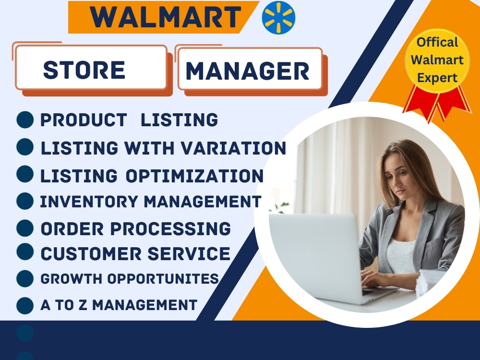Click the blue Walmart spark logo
278,18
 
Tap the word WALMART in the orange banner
166,18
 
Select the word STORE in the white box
84,71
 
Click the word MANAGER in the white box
248,72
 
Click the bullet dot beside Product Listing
25,120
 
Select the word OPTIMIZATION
194,176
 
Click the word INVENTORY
89,202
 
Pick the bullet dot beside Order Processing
25,228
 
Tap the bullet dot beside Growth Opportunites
25,278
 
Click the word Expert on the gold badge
437,77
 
